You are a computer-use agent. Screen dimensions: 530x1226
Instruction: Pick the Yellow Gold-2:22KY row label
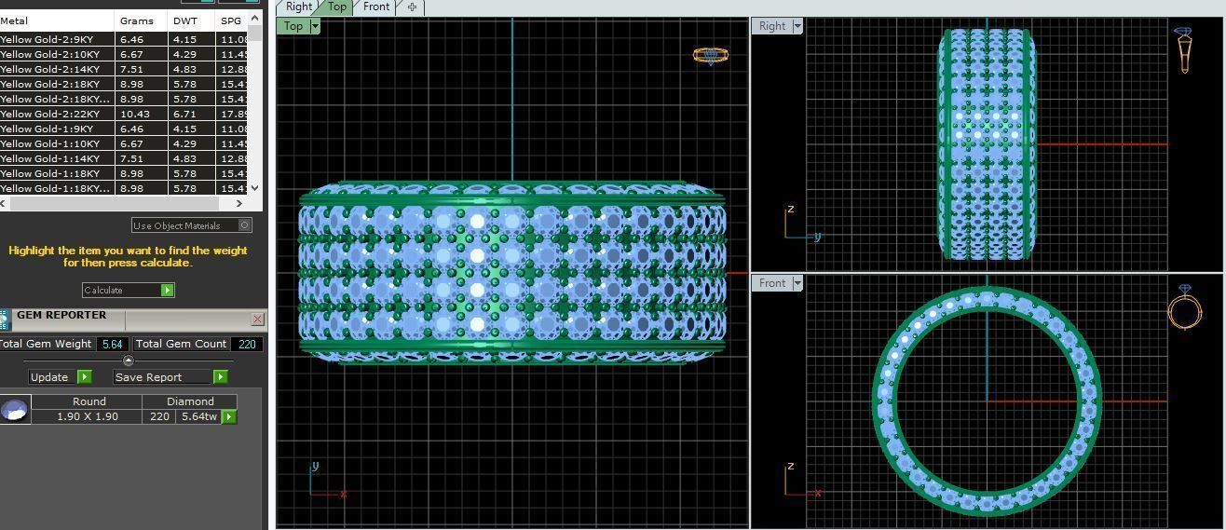click(x=56, y=114)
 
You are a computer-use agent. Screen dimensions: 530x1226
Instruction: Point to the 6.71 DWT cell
click(x=184, y=114)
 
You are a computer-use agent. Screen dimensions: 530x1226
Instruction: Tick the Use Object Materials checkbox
click(x=245, y=225)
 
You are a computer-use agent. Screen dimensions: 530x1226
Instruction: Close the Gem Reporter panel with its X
click(x=258, y=319)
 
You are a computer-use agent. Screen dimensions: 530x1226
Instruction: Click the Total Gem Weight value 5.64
click(x=113, y=344)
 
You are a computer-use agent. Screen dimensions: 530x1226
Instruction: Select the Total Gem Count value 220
click(x=247, y=344)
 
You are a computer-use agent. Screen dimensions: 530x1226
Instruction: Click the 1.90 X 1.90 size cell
click(x=88, y=416)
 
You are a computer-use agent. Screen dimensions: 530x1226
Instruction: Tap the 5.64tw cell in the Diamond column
click(x=198, y=416)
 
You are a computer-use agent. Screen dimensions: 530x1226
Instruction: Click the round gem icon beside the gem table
click(x=15, y=409)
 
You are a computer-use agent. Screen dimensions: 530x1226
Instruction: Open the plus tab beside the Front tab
click(x=412, y=7)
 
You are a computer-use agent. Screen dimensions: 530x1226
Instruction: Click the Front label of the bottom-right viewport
click(x=772, y=283)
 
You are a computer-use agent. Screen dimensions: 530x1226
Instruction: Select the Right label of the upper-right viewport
click(x=772, y=26)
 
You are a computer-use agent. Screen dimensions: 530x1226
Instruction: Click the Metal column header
click(x=15, y=20)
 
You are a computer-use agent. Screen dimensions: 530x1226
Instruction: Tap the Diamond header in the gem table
click(x=190, y=401)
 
